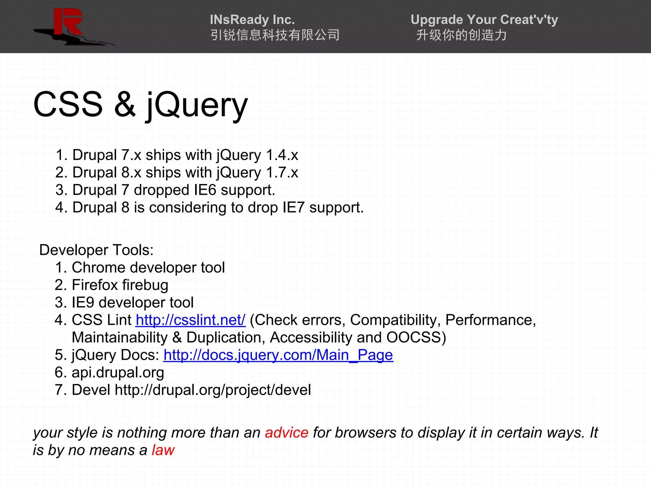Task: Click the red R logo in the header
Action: [68, 22]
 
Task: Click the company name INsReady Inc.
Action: [252, 20]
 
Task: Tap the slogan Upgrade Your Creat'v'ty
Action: [484, 20]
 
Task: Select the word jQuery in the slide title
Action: [197, 105]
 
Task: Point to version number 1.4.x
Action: [282, 155]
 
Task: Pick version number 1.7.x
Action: [282, 173]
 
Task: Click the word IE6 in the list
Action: [205, 190]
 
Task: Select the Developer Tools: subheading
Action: [96, 250]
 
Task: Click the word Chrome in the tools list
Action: [99, 267]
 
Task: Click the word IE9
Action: [83, 302]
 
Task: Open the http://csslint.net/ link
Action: [190, 320]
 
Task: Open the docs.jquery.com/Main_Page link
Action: [278, 355]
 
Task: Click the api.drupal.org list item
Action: [118, 372]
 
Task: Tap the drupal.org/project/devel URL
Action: [213, 390]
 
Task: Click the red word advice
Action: [286, 433]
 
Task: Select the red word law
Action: [163, 450]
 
